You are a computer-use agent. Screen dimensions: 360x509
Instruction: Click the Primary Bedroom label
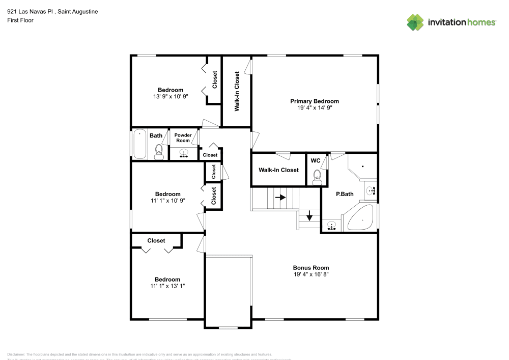point(314,101)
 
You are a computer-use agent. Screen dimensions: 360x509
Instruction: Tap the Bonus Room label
point(310,268)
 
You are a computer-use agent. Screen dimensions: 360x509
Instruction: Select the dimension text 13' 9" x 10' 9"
point(171,96)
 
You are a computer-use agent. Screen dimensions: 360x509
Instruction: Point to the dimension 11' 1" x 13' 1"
point(167,286)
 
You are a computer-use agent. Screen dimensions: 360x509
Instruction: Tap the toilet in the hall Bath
point(158,152)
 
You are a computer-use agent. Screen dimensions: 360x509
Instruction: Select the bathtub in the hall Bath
point(139,145)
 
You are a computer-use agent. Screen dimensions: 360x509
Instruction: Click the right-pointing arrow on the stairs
point(280,196)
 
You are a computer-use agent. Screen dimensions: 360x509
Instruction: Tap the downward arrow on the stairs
point(309,215)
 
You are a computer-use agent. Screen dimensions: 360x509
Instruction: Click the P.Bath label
point(345,194)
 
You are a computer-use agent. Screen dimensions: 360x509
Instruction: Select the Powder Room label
point(183,138)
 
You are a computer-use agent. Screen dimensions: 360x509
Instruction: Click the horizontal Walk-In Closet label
point(278,170)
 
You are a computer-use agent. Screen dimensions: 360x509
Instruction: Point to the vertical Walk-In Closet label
point(237,92)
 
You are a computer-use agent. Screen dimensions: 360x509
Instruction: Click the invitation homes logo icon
point(415,22)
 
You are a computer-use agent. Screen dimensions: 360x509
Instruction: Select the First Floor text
point(20,20)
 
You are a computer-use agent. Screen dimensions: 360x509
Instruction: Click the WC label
point(316,161)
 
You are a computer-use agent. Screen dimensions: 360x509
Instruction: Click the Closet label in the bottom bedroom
point(156,240)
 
